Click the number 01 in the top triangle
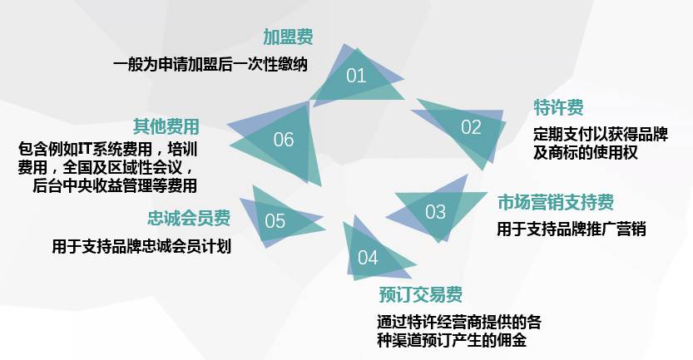[356, 76]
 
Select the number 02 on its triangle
[471, 127]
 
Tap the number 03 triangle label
[435, 212]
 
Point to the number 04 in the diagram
[368, 257]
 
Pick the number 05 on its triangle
[275, 221]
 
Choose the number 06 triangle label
[284, 139]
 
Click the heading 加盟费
[288, 37]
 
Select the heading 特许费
[558, 107]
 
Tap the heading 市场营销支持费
[556, 202]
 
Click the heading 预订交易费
[420, 294]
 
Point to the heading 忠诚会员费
[189, 218]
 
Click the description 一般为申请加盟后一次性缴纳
[210, 64]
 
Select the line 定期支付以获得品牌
[601, 135]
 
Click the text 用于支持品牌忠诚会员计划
[141, 246]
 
